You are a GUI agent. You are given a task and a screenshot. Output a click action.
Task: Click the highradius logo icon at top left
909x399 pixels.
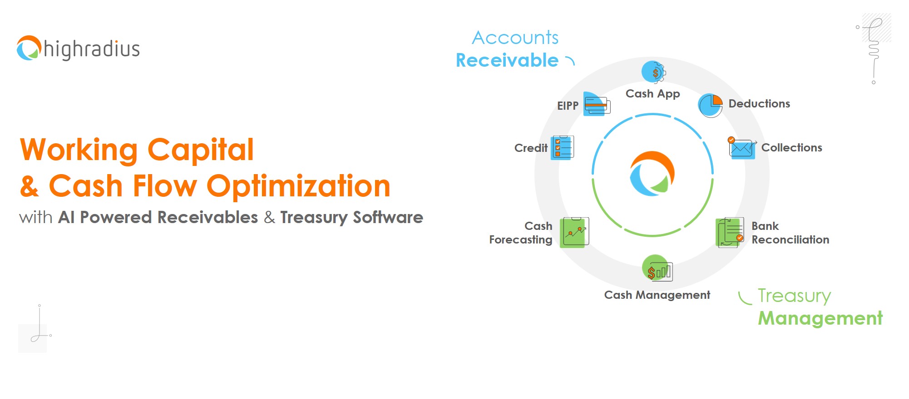[x=29, y=48]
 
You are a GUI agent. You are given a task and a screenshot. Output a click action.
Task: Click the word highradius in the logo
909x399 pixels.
[x=92, y=49]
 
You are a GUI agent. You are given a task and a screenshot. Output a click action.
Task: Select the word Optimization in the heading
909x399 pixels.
[x=298, y=186]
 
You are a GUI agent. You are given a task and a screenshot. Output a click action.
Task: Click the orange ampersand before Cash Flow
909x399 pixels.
[x=30, y=186]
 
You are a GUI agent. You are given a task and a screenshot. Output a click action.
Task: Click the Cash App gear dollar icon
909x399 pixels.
[x=653, y=72]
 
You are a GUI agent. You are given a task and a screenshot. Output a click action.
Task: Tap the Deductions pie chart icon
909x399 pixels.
[x=711, y=106]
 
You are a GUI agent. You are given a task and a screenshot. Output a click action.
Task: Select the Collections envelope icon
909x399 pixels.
[x=742, y=148]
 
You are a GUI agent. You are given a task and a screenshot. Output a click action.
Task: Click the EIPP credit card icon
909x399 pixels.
[x=597, y=104]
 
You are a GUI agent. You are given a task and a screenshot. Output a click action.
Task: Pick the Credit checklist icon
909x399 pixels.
[x=562, y=148]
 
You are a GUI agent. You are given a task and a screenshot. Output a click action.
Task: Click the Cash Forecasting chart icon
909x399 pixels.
[x=574, y=232]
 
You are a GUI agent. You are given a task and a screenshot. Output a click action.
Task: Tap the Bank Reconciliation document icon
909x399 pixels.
[x=730, y=233]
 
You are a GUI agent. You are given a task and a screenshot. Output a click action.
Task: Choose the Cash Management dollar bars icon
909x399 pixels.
[x=657, y=268]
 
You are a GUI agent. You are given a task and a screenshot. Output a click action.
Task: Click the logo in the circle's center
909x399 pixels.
[x=652, y=174]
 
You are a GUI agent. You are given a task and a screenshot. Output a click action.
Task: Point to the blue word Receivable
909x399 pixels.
[x=507, y=60]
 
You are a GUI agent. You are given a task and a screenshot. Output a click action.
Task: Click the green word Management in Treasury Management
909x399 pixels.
[x=820, y=318]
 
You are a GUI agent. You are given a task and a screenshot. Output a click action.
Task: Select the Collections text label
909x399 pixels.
[x=792, y=148]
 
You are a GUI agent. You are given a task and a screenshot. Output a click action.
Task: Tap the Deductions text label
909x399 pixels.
[x=759, y=104]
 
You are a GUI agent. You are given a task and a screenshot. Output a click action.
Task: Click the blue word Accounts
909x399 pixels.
[x=515, y=38]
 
